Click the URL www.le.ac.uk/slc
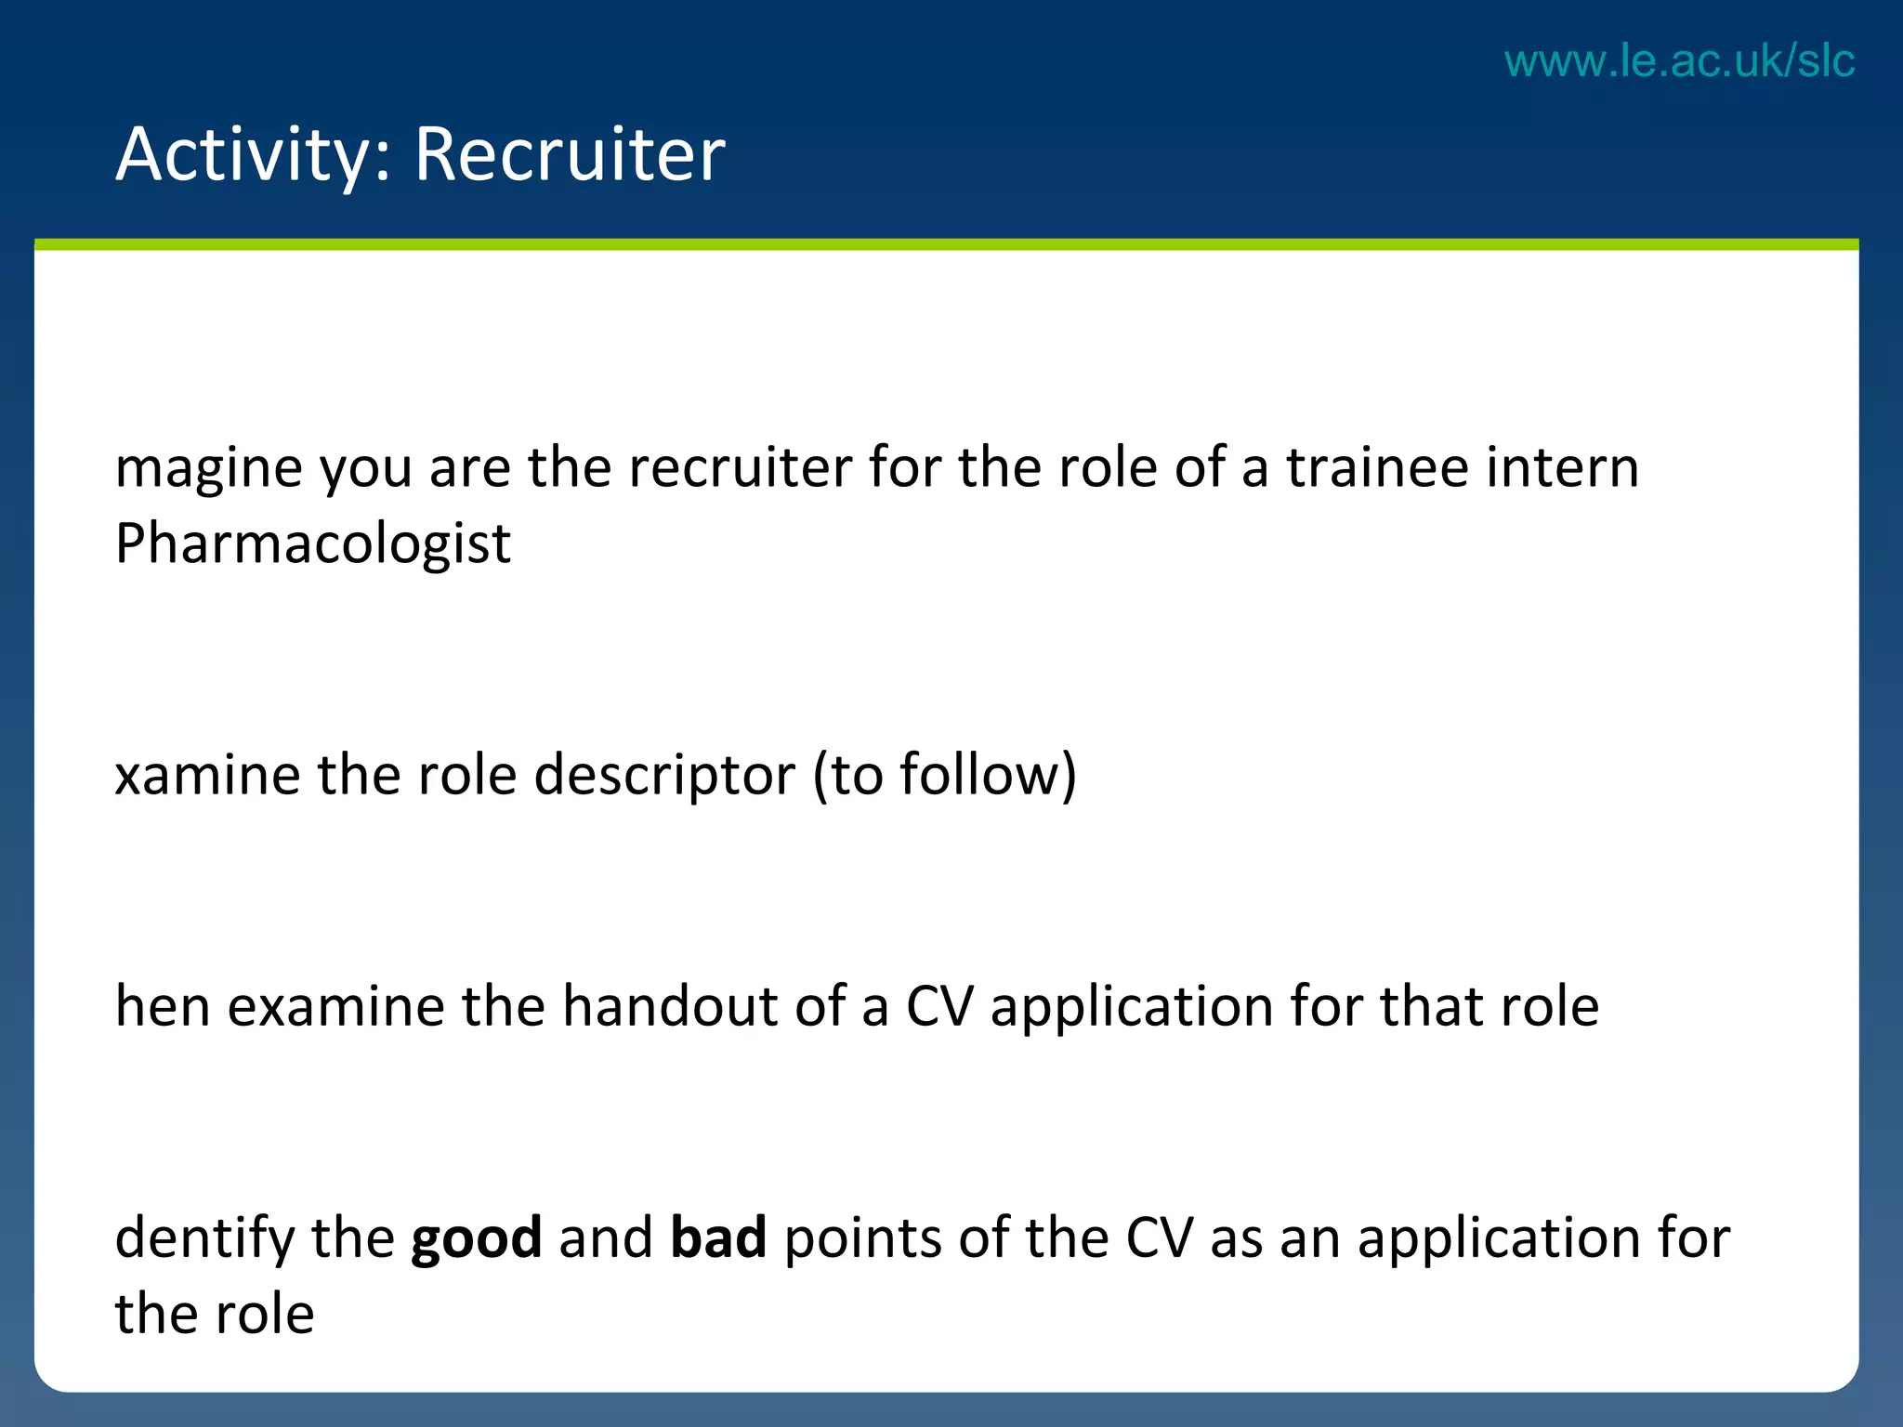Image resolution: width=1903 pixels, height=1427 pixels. point(1679,61)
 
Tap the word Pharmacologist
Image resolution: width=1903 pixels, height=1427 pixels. point(312,543)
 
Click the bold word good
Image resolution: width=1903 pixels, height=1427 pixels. point(476,1240)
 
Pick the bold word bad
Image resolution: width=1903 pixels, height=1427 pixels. point(718,1238)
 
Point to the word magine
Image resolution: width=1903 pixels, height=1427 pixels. point(208,469)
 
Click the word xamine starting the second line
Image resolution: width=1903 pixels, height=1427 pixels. point(206,775)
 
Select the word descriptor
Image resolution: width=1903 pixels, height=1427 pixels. point(664,775)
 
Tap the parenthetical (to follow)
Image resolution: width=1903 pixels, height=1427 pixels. point(944,775)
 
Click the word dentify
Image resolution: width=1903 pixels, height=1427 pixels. point(203,1238)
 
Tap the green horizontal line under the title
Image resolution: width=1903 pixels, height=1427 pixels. point(946,244)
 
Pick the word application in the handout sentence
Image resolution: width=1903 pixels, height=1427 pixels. point(1131,1008)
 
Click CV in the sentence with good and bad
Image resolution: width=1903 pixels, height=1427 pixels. point(1158,1238)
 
